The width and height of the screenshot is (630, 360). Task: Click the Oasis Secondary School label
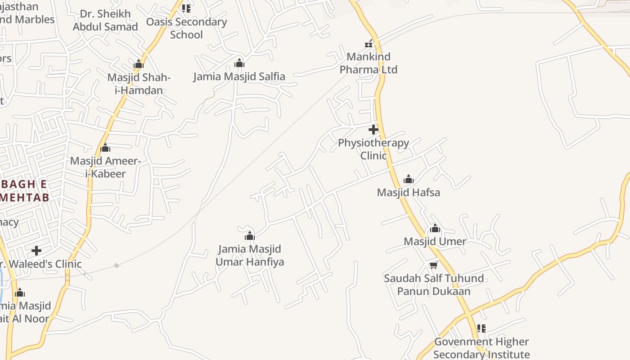tap(186, 28)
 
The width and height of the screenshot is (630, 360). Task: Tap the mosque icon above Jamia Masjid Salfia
tap(239, 63)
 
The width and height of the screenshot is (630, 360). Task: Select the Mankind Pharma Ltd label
tap(369, 63)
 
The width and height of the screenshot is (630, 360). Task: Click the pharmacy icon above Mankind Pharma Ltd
tap(369, 44)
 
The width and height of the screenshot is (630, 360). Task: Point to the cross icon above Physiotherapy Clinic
tap(373, 130)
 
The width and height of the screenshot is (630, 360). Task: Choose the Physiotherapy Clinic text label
tap(373, 149)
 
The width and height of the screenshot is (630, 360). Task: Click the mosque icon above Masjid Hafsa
tap(408, 179)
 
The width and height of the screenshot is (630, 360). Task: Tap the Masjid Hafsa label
tap(408, 193)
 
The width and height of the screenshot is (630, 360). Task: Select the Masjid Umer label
tap(435, 241)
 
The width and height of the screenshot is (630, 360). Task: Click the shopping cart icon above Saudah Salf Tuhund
tap(433, 265)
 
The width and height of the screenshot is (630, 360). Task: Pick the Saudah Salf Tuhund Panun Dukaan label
tap(434, 284)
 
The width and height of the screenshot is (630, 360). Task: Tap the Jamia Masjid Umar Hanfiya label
tap(250, 255)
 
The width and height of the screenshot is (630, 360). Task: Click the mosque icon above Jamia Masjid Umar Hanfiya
tap(250, 236)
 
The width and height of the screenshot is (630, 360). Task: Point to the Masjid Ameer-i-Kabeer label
tap(105, 167)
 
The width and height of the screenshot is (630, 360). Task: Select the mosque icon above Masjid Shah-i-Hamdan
tap(139, 64)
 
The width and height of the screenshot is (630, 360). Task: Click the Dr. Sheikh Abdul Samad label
tap(105, 20)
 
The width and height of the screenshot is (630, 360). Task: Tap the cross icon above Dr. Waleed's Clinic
tap(36, 251)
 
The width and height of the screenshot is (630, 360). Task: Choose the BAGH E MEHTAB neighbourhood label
tap(25, 191)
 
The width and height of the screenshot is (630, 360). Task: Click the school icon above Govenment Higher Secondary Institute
tap(481, 328)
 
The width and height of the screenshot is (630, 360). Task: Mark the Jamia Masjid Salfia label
tap(239, 76)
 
